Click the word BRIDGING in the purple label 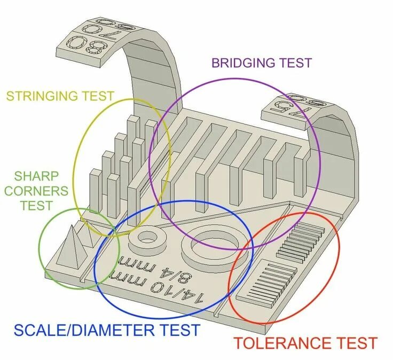pyautogui.click(x=243, y=62)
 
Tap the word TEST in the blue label pyautogui.click(x=178, y=330)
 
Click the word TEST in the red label pyautogui.click(x=353, y=343)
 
